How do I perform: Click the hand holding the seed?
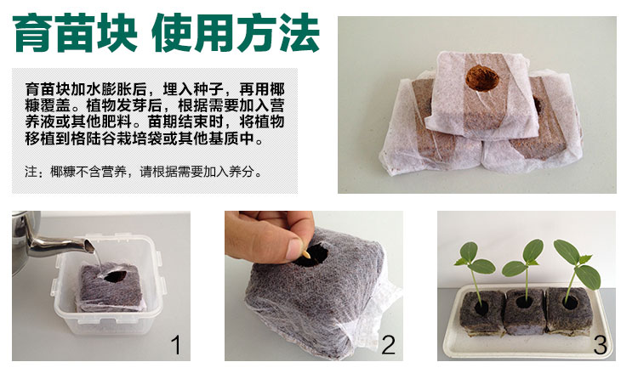click(x=272, y=238)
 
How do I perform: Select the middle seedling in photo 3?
click(x=522, y=263)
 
